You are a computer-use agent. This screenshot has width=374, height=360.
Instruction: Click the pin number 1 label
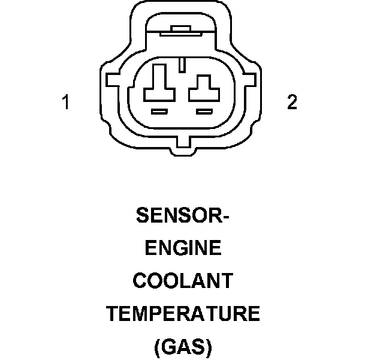click(67, 103)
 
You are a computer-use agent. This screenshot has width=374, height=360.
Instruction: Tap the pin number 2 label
click(292, 103)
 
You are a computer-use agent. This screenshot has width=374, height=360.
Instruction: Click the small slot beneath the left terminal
click(159, 111)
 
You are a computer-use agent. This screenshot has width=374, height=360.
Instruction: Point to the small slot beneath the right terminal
click(205, 111)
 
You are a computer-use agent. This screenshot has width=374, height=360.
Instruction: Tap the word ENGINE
click(183, 247)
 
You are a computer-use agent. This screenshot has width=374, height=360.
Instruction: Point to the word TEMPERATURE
click(183, 313)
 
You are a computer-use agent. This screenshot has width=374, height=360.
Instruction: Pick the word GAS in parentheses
click(183, 346)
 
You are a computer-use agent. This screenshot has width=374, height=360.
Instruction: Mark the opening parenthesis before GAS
click(158, 347)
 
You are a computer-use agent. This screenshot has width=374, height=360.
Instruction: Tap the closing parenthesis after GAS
click(209, 347)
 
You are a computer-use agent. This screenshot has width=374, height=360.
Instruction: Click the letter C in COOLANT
click(140, 280)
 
